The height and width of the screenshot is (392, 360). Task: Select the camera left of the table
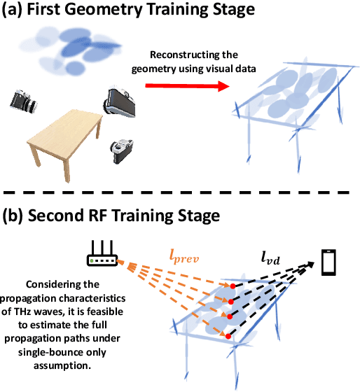[26, 102]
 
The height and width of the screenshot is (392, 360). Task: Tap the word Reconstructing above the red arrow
[185, 56]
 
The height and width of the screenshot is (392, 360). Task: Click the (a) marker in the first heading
[15, 13]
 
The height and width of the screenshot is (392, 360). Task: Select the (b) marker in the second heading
[16, 214]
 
